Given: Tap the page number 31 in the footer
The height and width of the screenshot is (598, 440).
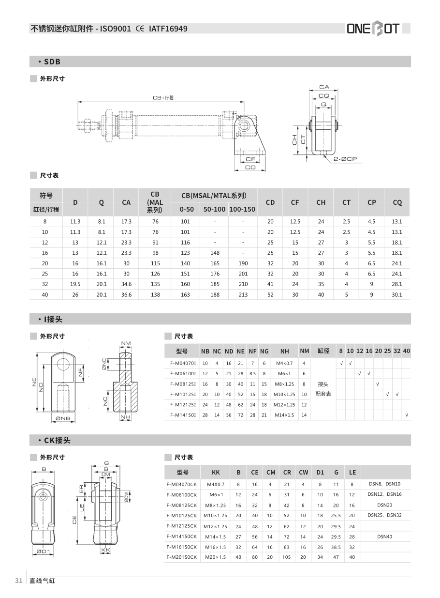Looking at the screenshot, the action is [x=19, y=581].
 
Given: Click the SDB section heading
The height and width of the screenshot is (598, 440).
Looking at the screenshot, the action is [x=52, y=61].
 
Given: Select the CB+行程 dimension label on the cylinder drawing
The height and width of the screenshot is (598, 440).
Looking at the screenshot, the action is [x=163, y=98].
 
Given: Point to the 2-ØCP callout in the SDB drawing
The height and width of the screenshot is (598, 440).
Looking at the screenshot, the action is [x=345, y=159].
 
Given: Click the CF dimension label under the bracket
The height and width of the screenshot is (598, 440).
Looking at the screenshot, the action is [x=250, y=159].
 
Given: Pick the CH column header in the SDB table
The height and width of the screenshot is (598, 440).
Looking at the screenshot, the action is [x=321, y=202].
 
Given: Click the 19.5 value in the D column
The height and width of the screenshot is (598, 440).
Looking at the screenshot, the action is [x=75, y=284].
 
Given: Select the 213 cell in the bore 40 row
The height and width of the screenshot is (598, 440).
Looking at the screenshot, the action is [x=243, y=295].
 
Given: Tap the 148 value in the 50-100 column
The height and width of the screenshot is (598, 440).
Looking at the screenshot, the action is [x=215, y=253].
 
